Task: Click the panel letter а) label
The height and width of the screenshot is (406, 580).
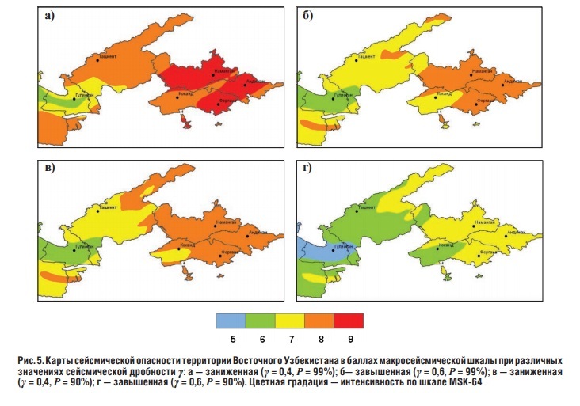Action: click(50, 16)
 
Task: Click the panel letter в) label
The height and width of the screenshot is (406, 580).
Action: click(50, 169)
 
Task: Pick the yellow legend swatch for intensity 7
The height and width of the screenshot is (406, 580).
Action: click(289, 320)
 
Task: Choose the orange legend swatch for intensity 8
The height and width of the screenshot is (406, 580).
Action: click(319, 320)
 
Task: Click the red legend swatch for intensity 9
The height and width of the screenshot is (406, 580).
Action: click(349, 320)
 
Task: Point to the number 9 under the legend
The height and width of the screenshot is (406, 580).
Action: click(349, 339)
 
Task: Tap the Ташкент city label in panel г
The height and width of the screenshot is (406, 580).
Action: click(366, 207)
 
